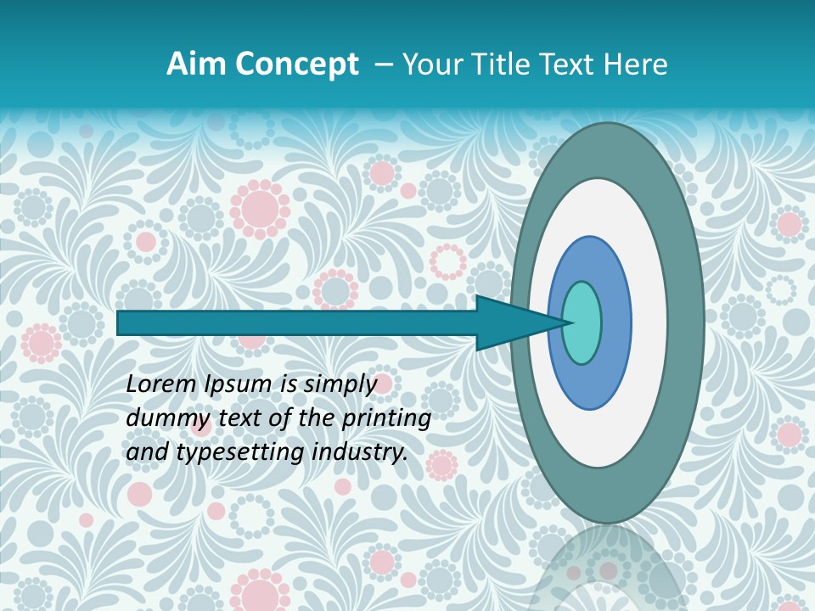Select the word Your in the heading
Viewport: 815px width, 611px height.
point(431,64)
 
